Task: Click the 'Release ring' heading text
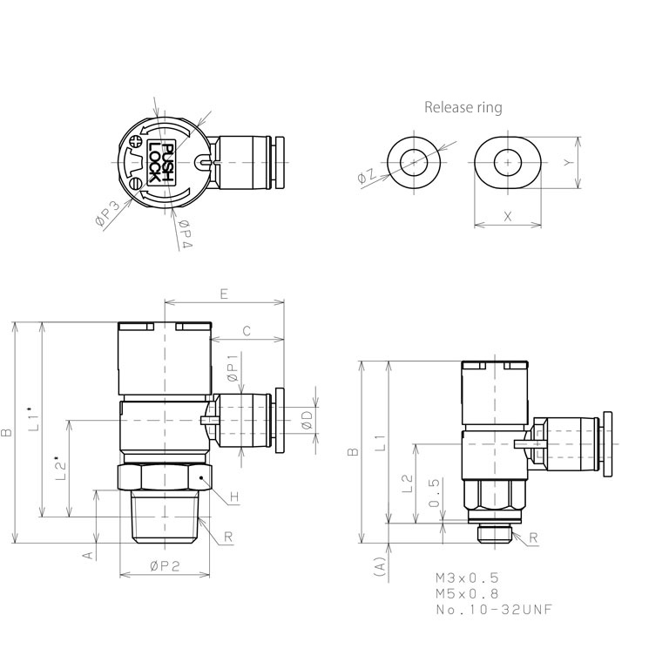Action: [x=463, y=107]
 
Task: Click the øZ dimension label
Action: [x=367, y=176]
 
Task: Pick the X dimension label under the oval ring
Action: [x=507, y=216]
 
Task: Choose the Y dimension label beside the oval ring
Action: [x=566, y=163]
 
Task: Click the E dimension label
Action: [x=224, y=294]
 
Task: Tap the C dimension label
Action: [x=247, y=331]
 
